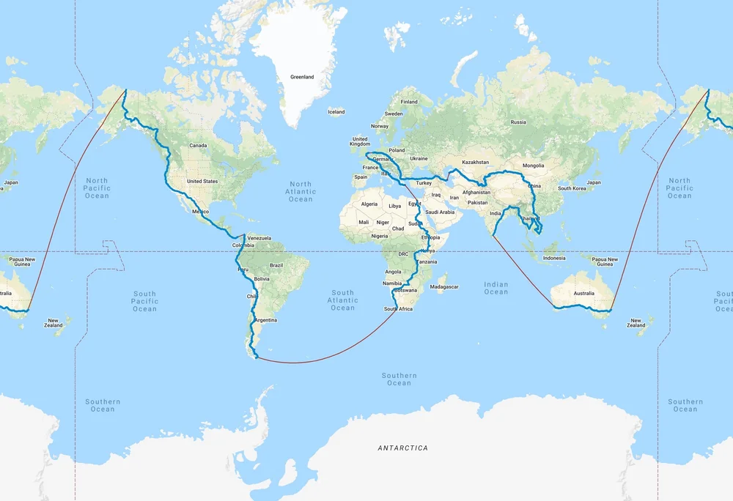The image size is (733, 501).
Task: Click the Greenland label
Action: coord(302,77)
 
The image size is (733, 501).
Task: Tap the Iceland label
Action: coord(336,112)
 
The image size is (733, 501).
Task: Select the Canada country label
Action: coord(198,146)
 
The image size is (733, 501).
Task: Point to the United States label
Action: coord(202,182)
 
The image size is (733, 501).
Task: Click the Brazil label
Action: coord(276,265)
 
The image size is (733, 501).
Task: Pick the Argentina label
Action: coord(265,321)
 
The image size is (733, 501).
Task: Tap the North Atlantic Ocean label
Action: coord(301,192)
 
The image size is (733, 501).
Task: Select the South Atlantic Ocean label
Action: coord(342,300)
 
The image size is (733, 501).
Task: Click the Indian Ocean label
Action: coord(496,288)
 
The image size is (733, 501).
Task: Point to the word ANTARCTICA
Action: coord(402,448)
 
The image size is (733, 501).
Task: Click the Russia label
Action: coord(518,122)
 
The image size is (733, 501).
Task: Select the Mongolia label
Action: coord(534,166)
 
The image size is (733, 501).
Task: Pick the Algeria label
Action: coord(369,204)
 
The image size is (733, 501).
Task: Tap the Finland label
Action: coord(409,102)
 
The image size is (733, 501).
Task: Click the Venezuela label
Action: coord(259,238)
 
